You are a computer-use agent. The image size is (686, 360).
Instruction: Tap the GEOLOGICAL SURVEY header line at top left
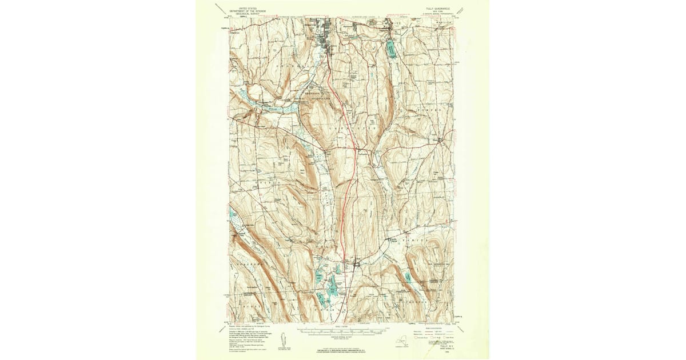pyautogui.click(x=242, y=13)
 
